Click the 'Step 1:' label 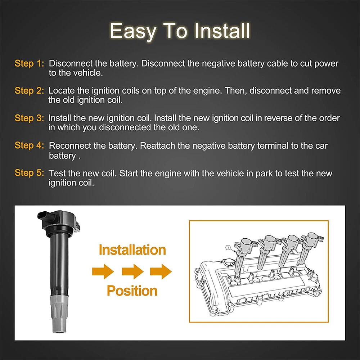(x=29, y=63)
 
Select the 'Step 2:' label (x=29, y=91)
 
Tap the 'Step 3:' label (x=29, y=118)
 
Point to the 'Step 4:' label (x=29, y=145)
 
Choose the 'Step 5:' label (x=29, y=173)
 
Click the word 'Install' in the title (x=222, y=31)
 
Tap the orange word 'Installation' (x=132, y=250)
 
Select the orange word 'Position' (x=132, y=291)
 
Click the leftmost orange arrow (x=103, y=271)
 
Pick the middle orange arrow (x=133, y=271)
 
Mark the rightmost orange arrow (x=161, y=271)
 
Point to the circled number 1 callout (x=228, y=248)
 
